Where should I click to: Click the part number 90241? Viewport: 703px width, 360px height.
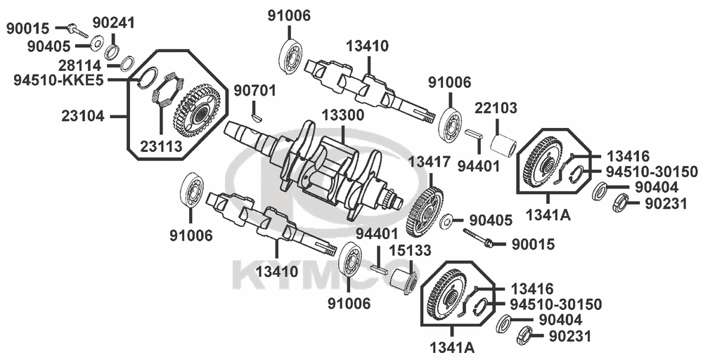coord(114,22)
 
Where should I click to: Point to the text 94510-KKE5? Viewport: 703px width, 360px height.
coord(59,81)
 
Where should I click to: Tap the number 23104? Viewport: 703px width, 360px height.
coord(83,117)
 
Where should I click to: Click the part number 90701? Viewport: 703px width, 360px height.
coord(254,91)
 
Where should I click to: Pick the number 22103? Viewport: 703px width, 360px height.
coord(496,108)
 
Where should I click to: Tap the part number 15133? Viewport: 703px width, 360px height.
coord(410,250)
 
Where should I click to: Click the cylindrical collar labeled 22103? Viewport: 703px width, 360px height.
coord(502,145)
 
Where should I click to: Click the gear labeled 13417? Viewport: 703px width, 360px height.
coord(424,212)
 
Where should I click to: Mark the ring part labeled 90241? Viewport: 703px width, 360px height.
coord(112,51)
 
